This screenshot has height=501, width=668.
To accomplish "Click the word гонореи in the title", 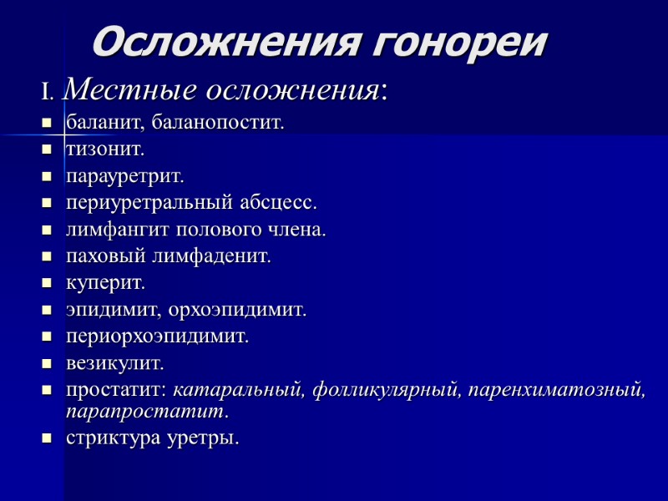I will pyautogui.click(x=457, y=41).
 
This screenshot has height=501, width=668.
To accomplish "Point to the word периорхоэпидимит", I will pyautogui.click(x=158, y=337).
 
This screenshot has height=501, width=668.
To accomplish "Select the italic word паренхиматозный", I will pyautogui.click(x=557, y=390).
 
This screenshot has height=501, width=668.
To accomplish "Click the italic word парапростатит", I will pyautogui.click(x=147, y=412).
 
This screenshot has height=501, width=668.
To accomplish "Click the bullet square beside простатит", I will pyautogui.click(x=47, y=390).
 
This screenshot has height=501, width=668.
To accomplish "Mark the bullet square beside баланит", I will pyautogui.click(x=47, y=124).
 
